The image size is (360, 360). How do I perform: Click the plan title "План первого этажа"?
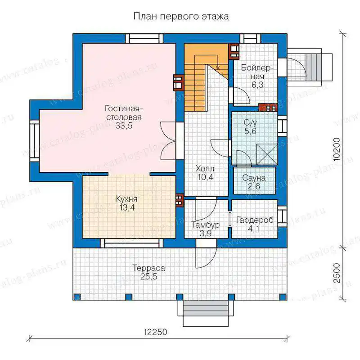pyautogui.click(x=181, y=17)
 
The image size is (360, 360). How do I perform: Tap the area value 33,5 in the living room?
pyautogui.click(x=124, y=126)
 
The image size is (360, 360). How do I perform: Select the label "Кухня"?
pyautogui.click(x=126, y=199)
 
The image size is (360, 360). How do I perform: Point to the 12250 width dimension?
pyautogui.click(x=155, y=332)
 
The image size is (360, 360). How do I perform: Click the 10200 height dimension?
pyautogui.click(x=336, y=149)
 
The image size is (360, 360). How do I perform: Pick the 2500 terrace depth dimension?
pyautogui.click(x=336, y=273)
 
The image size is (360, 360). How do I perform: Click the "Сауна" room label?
pyautogui.click(x=254, y=178)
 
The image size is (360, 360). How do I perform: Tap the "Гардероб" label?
pyautogui.click(x=255, y=220)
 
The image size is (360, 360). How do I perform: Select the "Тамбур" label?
pyautogui.click(x=206, y=225)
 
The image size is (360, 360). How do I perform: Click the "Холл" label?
pyautogui.click(x=205, y=168)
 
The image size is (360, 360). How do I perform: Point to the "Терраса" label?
pyautogui.click(x=148, y=268)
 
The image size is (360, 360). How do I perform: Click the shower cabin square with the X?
pyautogui.click(x=267, y=154)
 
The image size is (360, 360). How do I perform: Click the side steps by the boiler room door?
pyautogui.click(x=312, y=67)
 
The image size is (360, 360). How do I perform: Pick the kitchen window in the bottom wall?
pyautogui.click(x=131, y=243)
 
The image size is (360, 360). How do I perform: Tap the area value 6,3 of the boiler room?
pyautogui.click(x=257, y=85)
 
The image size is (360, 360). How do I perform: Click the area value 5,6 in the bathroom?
pyautogui.click(x=250, y=131)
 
